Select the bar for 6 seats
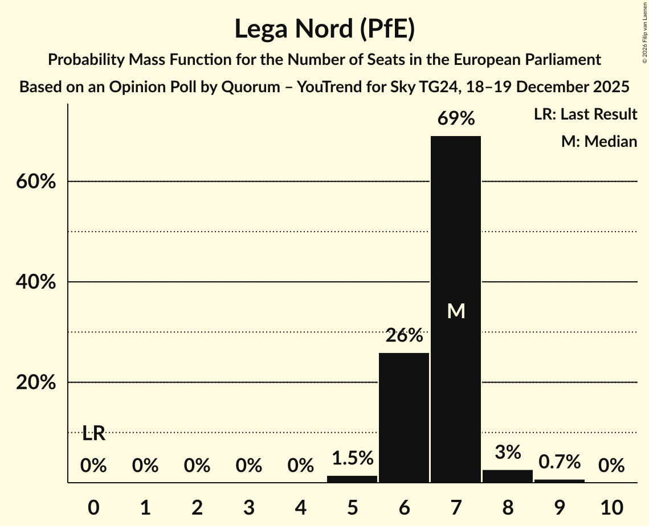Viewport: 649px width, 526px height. [404, 418]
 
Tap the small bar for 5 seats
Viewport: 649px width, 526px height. [352, 479]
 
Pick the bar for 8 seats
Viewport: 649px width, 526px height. [507, 476]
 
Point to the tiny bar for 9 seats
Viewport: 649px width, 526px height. [559, 481]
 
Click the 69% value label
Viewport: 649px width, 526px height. [455, 118]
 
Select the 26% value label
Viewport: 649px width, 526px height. [404, 335]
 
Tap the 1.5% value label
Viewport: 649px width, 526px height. [352, 457]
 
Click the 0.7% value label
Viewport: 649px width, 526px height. [559, 461]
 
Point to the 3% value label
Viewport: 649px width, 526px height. [507, 452]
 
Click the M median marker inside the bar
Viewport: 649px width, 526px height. [456, 311]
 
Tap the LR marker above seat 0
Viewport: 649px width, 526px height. [93, 434]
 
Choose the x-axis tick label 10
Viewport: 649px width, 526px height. [611, 506]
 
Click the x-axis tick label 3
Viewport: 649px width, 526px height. [248, 506]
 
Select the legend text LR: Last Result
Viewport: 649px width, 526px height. [585, 114]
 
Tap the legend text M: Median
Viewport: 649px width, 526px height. [599, 141]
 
